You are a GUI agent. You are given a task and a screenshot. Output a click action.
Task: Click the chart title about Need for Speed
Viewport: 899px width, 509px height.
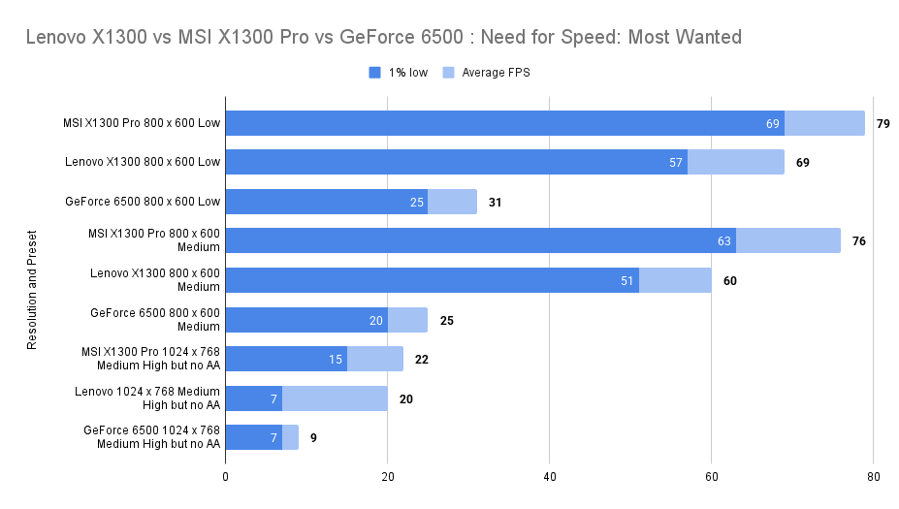[x=383, y=38]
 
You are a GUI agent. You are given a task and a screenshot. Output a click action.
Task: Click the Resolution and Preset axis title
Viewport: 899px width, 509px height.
[x=32, y=289]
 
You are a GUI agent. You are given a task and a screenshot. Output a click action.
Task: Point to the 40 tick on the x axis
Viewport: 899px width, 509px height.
[x=549, y=476]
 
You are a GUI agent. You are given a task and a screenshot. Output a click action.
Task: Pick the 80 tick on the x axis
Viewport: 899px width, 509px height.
[x=873, y=476]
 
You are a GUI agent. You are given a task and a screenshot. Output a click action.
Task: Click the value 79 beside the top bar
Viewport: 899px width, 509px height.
[x=883, y=123]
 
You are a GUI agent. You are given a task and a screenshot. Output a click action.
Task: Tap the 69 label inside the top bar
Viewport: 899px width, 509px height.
[x=772, y=123]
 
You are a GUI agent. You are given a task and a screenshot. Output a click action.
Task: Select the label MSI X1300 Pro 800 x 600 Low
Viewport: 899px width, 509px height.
[x=142, y=123]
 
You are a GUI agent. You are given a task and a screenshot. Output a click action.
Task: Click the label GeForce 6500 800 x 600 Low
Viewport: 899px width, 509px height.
[x=144, y=202]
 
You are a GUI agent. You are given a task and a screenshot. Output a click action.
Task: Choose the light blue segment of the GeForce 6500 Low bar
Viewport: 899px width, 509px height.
[x=452, y=202]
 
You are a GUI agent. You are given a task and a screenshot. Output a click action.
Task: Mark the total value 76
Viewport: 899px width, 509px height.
[x=859, y=240]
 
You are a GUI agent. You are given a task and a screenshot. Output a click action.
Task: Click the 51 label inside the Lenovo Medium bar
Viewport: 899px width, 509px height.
[x=626, y=281]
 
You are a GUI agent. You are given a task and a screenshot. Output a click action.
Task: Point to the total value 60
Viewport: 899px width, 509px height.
[x=729, y=281]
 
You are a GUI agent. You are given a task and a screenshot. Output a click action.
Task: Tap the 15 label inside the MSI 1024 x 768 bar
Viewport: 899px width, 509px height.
[x=336, y=359]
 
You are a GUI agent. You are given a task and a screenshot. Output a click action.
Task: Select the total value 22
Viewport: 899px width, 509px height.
[x=421, y=359]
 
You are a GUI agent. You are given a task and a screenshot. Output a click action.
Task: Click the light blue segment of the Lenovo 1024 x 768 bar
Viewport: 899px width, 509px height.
[x=335, y=398]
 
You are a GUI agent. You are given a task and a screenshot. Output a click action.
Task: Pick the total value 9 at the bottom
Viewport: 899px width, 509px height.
[x=313, y=437]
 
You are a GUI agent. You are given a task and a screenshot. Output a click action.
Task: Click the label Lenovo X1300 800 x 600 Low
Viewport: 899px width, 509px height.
[x=143, y=162]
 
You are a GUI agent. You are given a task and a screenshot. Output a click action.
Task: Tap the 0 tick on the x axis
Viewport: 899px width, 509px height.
[x=225, y=476]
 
